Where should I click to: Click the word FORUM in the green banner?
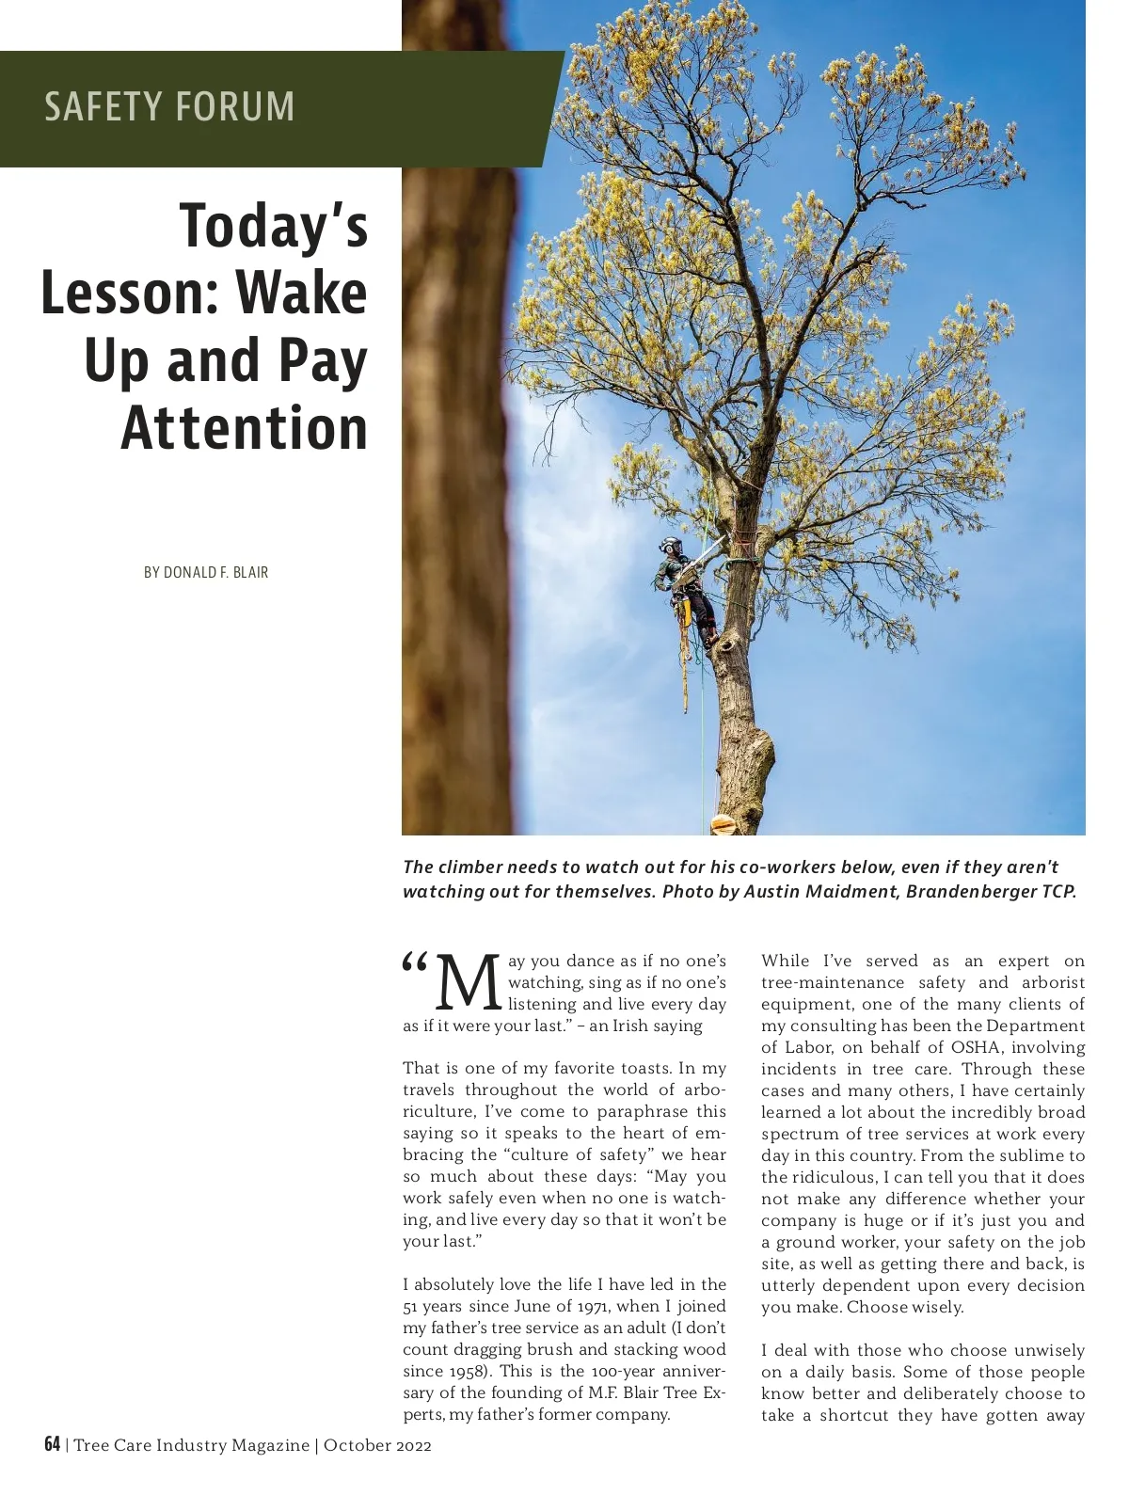(x=233, y=106)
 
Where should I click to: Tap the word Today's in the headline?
(x=274, y=227)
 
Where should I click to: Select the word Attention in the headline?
(x=245, y=429)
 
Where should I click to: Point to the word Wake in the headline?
(x=301, y=294)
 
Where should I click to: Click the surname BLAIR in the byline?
(x=251, y=572)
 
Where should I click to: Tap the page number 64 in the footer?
(x=53, y=1444)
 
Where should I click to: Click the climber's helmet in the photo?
(x=670, y=546)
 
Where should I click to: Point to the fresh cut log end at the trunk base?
(x=723, y=824)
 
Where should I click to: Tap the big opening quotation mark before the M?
(x=415, y=964)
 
